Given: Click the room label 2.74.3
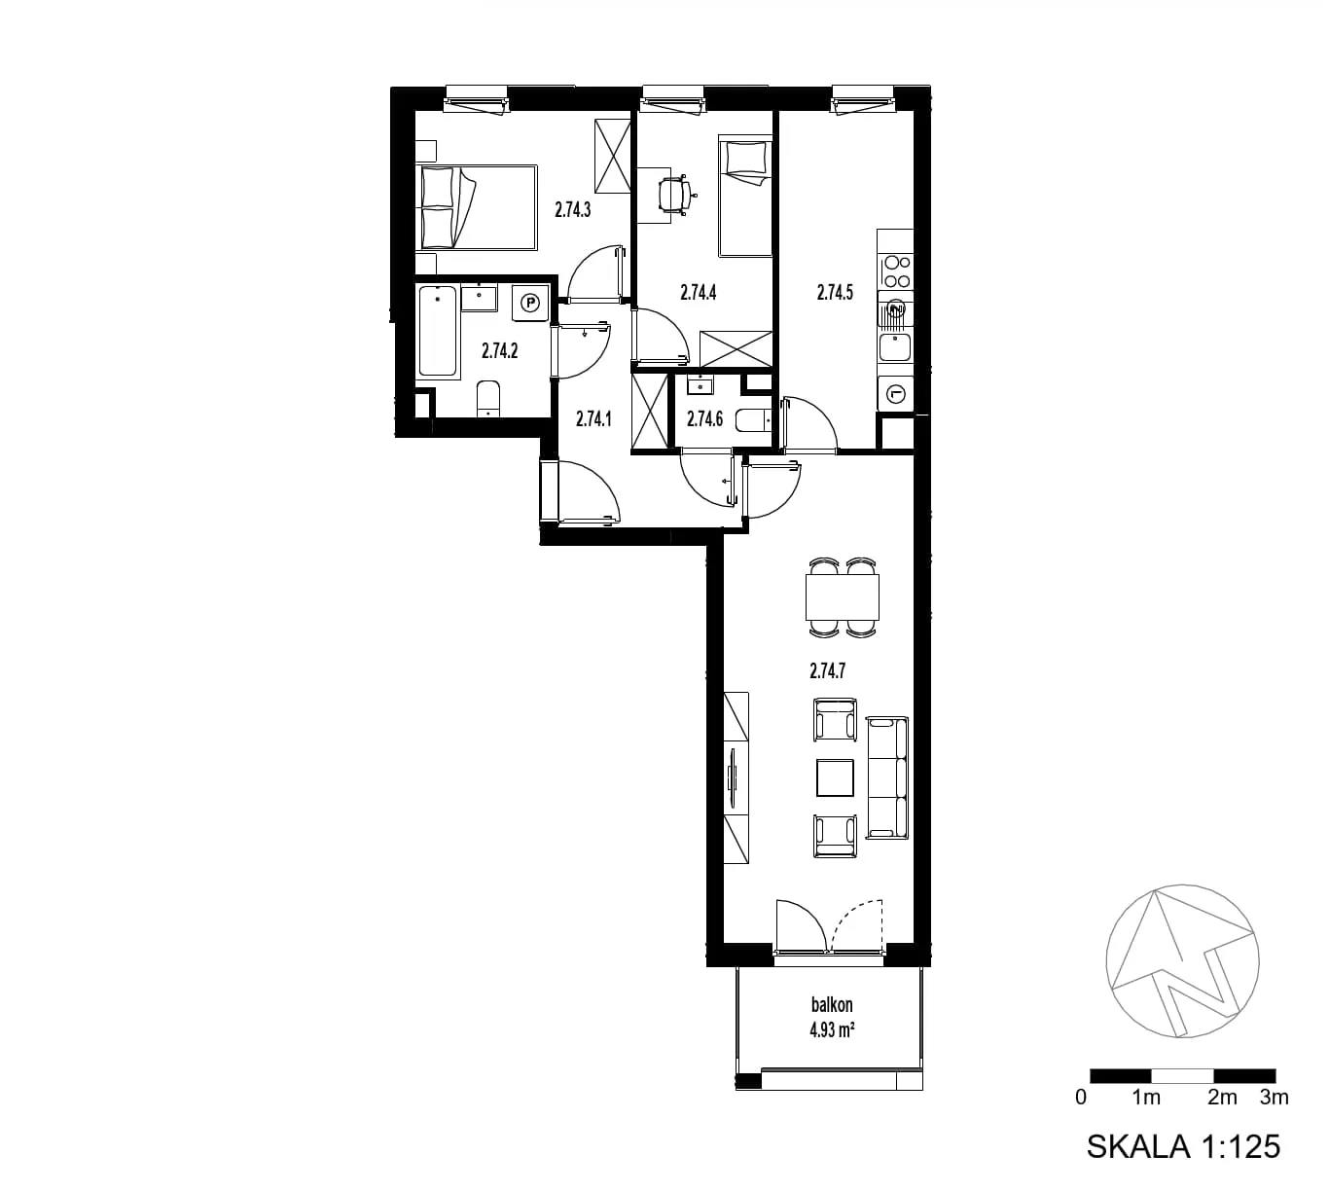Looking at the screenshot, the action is (x=573, y=210).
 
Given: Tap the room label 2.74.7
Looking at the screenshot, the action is (x=827, y=670).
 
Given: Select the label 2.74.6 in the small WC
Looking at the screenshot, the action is (x=704, y=418).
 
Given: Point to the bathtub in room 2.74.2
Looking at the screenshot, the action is (x=438, y=332).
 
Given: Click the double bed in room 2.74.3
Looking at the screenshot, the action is (x=477, y=207).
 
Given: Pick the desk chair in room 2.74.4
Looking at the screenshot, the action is (x=675, y=195).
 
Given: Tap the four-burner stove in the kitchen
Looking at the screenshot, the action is (x=896, y=271).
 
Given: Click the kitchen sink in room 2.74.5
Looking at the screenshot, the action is (x=895, y=347).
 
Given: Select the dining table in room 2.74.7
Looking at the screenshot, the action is (x=843, y=596).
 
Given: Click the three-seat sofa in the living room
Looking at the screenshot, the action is (x=887, y=777).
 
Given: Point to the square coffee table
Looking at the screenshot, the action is (x=835, y=777).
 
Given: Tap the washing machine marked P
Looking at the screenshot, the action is (x=530, y=303).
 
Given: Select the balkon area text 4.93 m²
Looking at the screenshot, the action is (x=832, y=1029).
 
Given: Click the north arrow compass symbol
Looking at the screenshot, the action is (x=1182, y=961).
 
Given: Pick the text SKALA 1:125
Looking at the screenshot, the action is (x=1183, y=1146).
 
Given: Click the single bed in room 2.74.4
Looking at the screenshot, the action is (x=745, y=197).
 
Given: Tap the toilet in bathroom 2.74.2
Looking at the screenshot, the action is (x=488, y=399).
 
